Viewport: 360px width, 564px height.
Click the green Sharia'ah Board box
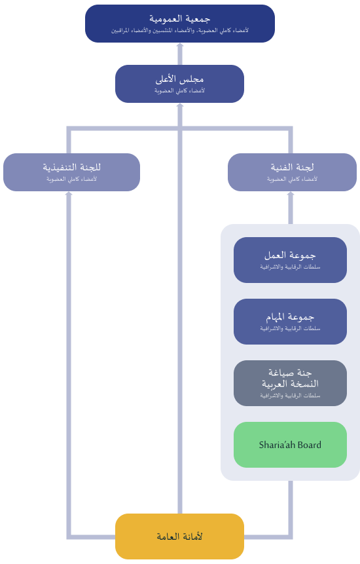click(290, 445)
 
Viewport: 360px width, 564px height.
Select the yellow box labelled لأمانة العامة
click(179, 536)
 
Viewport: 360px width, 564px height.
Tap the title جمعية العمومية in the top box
click(180, 18)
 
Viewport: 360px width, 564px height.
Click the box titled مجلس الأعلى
click(179, 84)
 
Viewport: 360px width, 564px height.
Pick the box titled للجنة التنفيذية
click(71, 172)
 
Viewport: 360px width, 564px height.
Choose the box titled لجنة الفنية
click(292, 172)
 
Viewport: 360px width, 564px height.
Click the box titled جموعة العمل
click(290, 259)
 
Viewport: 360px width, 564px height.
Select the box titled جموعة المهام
click(290, 322)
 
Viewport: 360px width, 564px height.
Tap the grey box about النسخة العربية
click(290, 383)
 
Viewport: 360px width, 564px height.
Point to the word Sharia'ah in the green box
click(277, 445)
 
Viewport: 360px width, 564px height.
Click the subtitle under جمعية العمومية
click(179, 31)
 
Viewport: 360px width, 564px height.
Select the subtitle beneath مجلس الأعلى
click(179, 90)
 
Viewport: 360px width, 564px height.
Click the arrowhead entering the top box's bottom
click(180, 45)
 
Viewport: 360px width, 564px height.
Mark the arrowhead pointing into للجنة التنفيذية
click(69, 193)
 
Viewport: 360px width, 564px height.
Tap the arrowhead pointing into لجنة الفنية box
click(291, 193)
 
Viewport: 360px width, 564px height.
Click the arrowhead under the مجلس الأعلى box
click(180, 105)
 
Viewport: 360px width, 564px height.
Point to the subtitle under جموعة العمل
click(290, 267)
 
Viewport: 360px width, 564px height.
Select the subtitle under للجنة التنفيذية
click(71, 179)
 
